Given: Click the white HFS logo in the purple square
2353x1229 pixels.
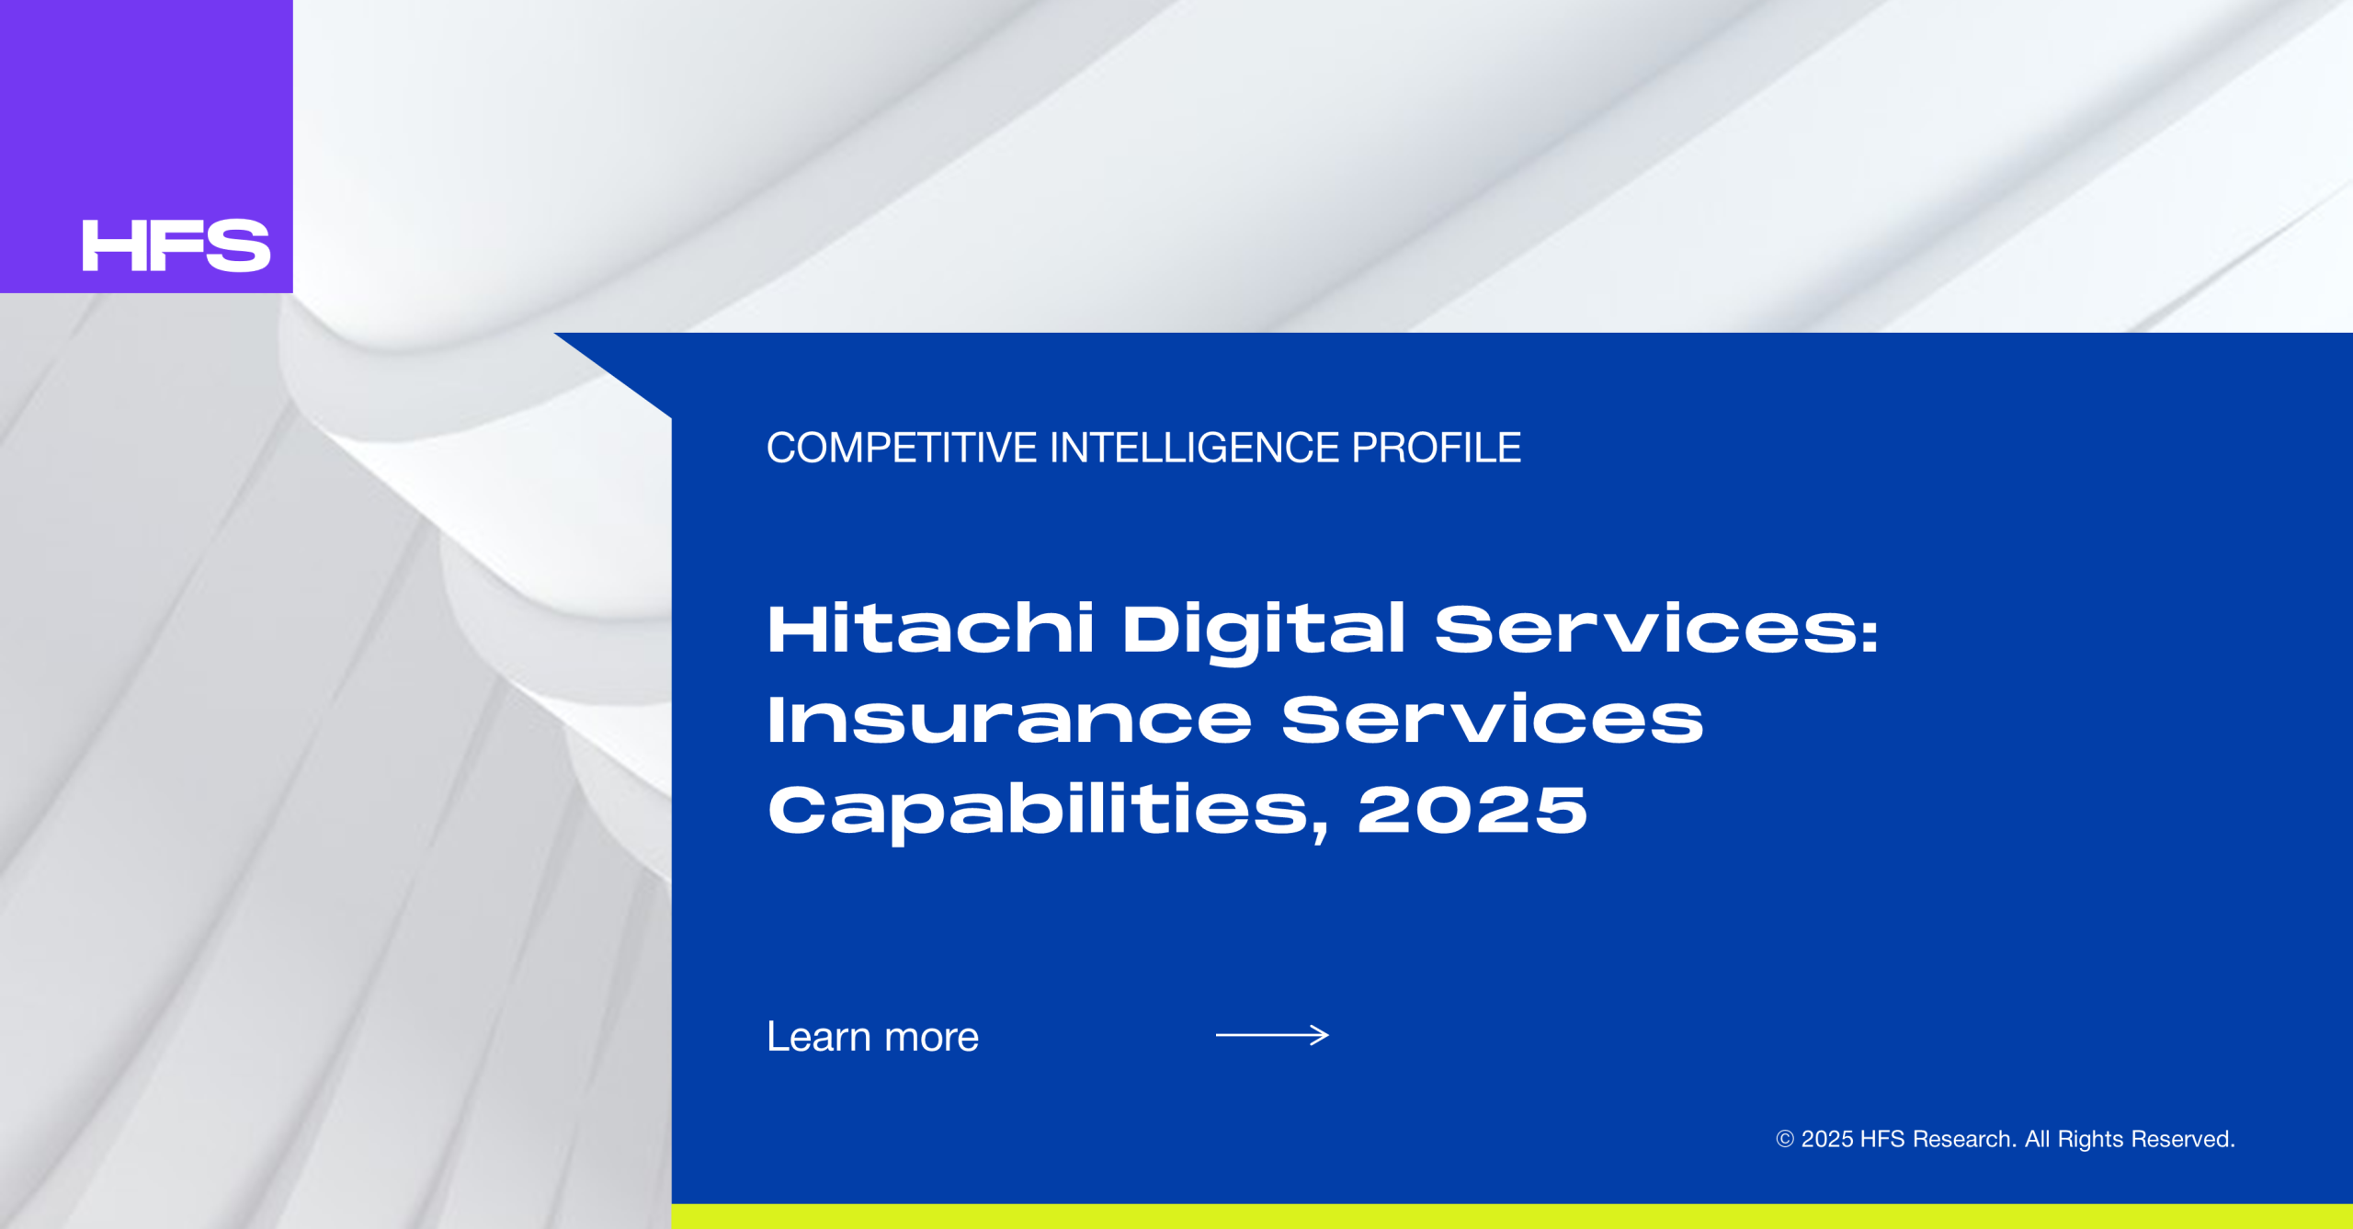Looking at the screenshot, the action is pyautogui.click(x=176, y=245).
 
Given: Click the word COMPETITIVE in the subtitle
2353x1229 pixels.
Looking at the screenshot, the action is pyautogui.click(x=902, y=449).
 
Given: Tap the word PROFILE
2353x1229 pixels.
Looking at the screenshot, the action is pyautogui.click(x=1436, y=449).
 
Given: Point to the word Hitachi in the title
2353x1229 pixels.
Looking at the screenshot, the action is pyautogui.click(x=930, y=629).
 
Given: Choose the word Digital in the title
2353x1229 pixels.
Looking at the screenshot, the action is pyautogui.click(x=1264, y=632).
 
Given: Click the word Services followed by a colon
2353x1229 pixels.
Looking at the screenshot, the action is pyautogui.click(x=1656, y=630).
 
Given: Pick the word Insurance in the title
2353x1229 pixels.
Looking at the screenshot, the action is pyautogui.click(x=1009, y=719).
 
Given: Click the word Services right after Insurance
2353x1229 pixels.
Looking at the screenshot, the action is pyautogui.click(x=1493, y=719).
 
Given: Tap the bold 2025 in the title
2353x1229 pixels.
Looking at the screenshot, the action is pyautogui.click(x=1472, y=810).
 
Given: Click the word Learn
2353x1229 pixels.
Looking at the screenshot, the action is pyautogui.click(x=819, y=1037).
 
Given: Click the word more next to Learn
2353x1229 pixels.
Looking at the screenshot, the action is pyautogui.click(x=931, y=1039).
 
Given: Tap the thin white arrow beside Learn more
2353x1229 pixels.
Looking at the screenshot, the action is pyautogui.click(x=1272, y=1035).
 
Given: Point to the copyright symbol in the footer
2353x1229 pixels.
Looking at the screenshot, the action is pyautogui.click(x=1785, y=1139).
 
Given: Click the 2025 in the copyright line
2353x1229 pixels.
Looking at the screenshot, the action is pyautogui.click(x=1826, y=1139).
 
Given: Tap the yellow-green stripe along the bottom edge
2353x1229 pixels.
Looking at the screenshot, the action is pyautogui.click(x=1512, y=1216).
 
